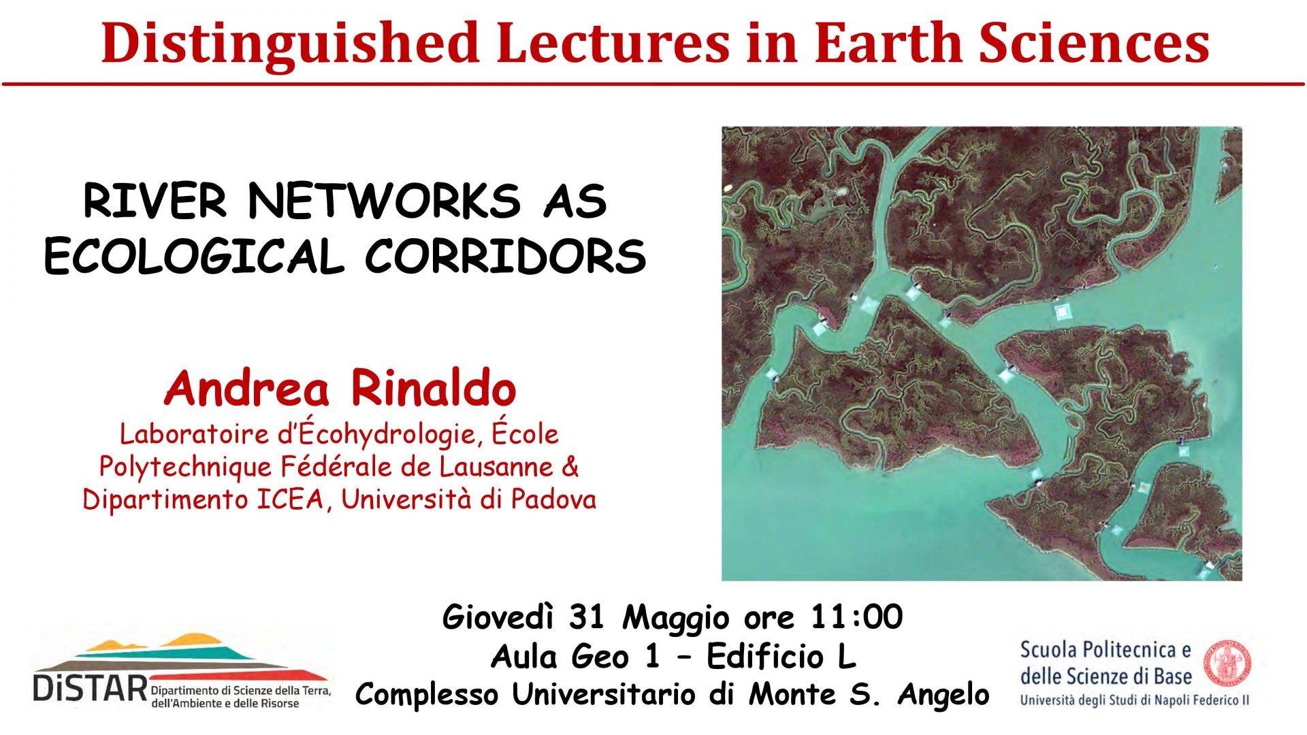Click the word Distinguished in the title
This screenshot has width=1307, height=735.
291,44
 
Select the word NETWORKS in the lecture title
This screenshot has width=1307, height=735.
385,201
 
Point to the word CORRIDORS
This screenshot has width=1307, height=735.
506,257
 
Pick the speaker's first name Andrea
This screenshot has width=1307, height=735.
247,388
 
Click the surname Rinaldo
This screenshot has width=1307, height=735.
434,388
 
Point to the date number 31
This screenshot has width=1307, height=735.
587,617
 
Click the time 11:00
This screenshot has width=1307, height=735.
856,617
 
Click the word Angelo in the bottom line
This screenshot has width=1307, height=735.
943,695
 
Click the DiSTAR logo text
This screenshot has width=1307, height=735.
90,687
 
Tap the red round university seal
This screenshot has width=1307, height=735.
1228,663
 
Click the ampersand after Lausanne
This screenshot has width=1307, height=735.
570,467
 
